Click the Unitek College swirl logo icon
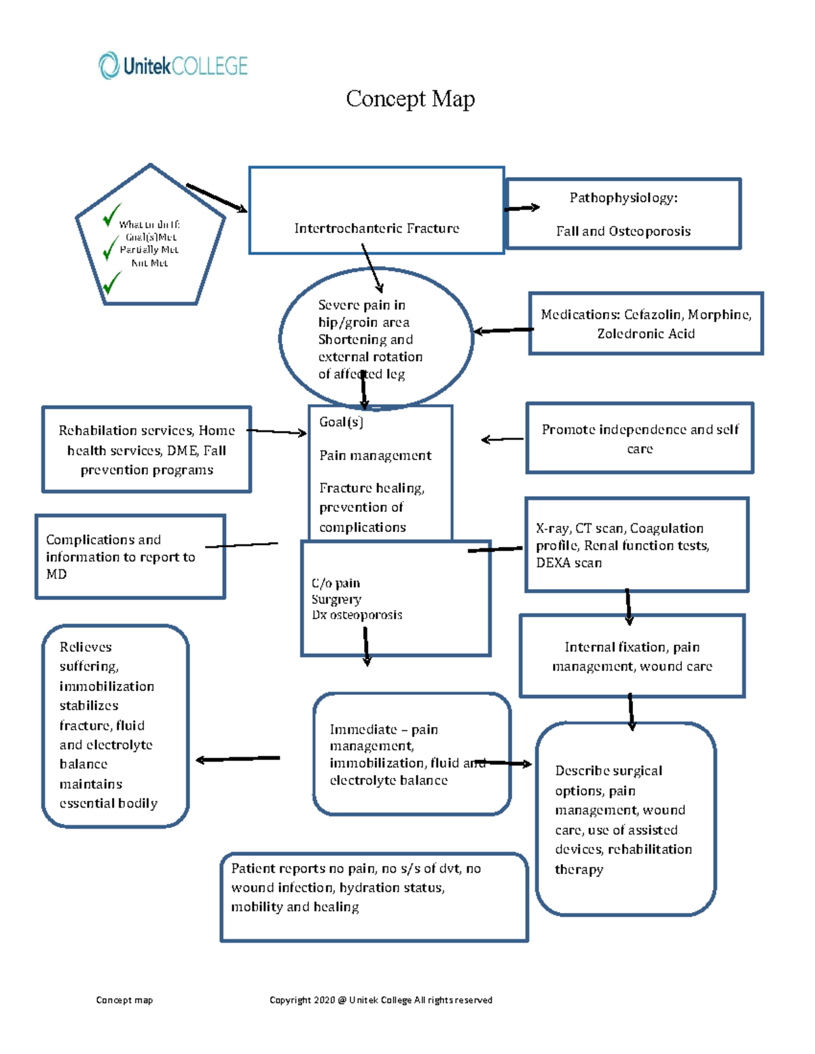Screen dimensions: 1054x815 (x=109, y=66)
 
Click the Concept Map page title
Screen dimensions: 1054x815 (x=410, y=99)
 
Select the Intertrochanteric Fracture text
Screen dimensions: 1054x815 (x=376, y=229)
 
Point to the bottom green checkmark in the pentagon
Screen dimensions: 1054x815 (x=111, y=282)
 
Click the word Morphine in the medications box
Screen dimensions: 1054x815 (x=719, y=315)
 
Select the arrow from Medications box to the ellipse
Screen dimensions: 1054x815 (x=503, y=331)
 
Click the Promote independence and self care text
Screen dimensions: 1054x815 (x=639, y=438)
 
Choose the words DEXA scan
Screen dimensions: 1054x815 (x=568, y=563)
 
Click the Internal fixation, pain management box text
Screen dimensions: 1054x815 (x=632, y=656)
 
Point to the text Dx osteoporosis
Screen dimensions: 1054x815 (x=357, y=615)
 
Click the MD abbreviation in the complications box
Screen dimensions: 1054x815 (x=56, y=574)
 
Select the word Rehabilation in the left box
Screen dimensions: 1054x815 (x=97, y=431)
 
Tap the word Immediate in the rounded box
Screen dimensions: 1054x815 (x=363, y=730)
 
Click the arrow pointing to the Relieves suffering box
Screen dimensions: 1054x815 (x=237, y=759)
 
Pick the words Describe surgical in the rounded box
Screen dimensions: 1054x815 (x=608, y=771)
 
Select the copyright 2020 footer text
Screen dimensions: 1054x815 (x=380, y=1000)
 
